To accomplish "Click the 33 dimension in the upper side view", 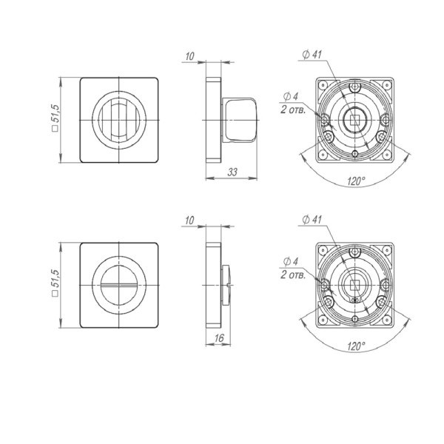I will pos(232,172).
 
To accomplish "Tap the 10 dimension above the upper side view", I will pos(190,55).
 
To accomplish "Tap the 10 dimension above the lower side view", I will pos(190,221).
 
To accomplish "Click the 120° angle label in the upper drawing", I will pos(357,179).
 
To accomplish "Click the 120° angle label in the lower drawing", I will pos(357,346).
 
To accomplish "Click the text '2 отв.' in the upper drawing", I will pos(294,109).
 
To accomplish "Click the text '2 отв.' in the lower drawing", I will pos(294,275).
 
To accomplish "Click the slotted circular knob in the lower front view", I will pos(119,284).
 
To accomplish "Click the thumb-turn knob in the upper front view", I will pos(119,118).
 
